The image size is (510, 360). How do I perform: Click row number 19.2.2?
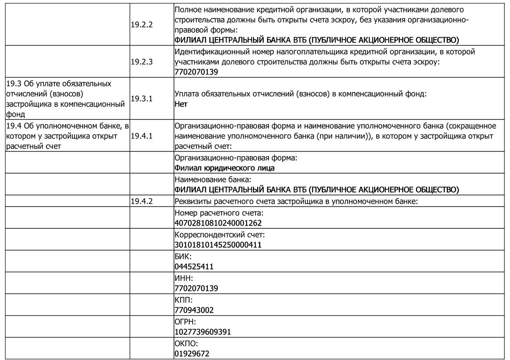click(x=141, y=25)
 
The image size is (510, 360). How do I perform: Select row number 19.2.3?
click(x=141, y=62)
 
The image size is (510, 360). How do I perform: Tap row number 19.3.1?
click(x=141, y=99)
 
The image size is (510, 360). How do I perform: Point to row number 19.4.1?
click(x=141, y=136)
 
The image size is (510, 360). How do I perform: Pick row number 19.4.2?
click(x=141, y=201)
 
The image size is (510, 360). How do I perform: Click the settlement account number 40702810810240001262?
click(x=218, y=223)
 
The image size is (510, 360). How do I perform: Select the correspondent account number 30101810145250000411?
click(x=218, y=245)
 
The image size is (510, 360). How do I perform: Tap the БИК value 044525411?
click(x=194, y=267)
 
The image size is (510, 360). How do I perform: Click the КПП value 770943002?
click(x=194, y=310)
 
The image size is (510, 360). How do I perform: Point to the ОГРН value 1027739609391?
click(x=202, y=332)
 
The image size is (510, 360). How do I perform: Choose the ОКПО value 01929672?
click(x=192, y=354)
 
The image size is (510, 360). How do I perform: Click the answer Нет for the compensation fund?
click(x=181, y=104)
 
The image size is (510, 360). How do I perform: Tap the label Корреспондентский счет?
click(x=219, y=235)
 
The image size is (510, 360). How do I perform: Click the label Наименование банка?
click(x=212, y=180)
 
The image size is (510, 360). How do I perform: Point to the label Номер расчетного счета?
click(x=219, y=213)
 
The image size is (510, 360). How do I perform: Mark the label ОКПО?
click(x=186, y=343)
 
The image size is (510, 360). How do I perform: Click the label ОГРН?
click(x=185, y=322)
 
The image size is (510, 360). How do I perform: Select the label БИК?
click(x=183, y=256)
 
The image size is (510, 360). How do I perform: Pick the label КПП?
click(x=183, y=300)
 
